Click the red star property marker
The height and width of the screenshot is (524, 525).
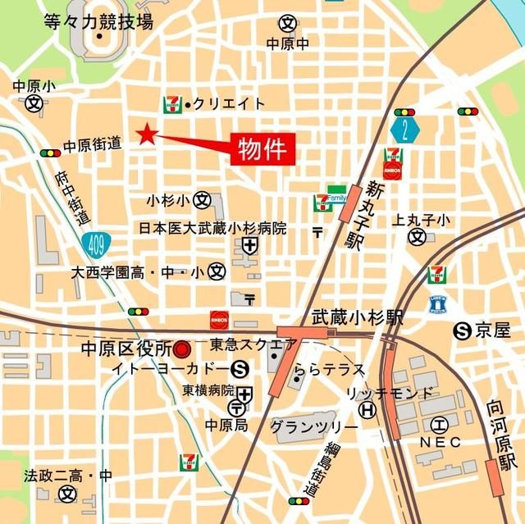pos(147,134)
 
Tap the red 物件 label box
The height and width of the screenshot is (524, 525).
pos(262,149)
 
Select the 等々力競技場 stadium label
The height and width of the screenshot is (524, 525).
pos(99,22)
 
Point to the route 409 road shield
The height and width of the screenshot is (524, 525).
pos(93,241)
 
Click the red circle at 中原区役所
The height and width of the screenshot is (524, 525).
pos(182,350)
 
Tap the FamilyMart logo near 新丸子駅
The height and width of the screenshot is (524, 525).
pos(336,194)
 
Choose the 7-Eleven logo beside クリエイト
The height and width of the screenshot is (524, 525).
pos(172,103)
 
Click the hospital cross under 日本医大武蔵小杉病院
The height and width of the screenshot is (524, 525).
pos(249,245)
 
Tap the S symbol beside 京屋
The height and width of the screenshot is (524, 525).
pos(462,330)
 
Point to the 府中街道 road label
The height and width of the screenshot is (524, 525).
pos(72,198)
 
